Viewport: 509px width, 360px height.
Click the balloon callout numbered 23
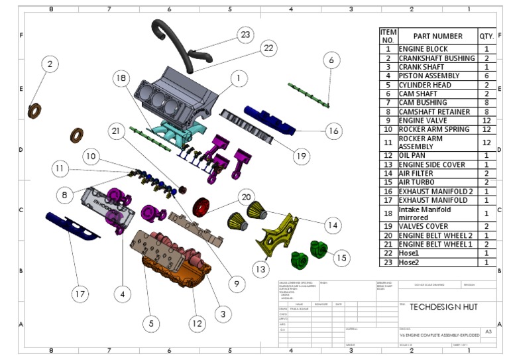pyautogui.click(x=245, y=34)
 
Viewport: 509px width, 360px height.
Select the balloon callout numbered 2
pyautogui.click(x=50, y=64)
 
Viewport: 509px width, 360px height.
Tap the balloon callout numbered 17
pyautogui.click(x=80, y=292)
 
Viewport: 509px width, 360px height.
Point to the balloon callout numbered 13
pyautogui.click(x=262, y=269)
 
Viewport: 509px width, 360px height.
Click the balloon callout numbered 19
pyautogui.click(x=301, y=156)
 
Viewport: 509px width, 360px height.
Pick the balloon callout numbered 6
pyautogui.click(x=331, y=60)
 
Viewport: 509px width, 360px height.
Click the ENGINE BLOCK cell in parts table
pyautogui.click(x=437, y=49)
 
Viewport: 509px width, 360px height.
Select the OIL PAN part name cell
pyautogui.click(x=437, y=155)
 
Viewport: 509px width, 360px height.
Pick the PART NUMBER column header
pyautogui.click(x=437, y=36)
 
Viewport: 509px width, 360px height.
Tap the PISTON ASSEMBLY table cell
pyautogui.click(x=437, y=76)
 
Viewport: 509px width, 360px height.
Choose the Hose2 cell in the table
pyautogui.click(x=437, y=262)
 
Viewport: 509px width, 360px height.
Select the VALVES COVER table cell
pyautogui.click(x=437, y=226)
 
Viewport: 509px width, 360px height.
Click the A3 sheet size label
pyautogui.click(x=488, y=331)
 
